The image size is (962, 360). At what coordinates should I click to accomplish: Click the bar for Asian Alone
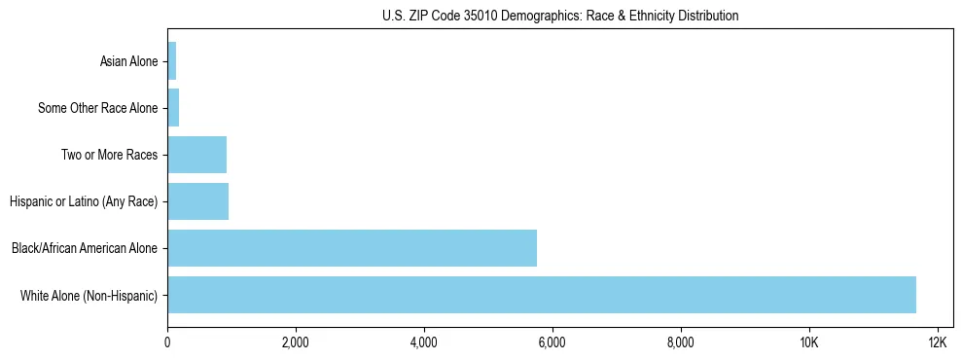[x=172, y=61]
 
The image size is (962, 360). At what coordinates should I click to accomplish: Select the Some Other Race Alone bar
[x=173, y=108]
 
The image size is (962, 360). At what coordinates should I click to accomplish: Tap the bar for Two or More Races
[x=197, y=155]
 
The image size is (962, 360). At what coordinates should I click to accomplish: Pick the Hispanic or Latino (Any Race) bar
[x=198, y=201]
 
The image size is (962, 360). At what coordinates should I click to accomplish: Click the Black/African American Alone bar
[x=352, y=248]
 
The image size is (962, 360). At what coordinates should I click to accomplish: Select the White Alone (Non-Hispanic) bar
[x=542, y=295]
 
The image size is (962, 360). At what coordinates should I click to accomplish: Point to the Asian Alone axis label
[x=128, y=61]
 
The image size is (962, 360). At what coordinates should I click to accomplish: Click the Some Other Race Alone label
[x=97, y=108]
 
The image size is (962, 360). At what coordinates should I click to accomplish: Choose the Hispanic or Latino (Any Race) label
[x=84, y=201]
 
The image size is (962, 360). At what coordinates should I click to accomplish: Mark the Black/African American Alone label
[x=85, y=248]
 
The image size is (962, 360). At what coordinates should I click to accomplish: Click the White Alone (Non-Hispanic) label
[x=89, y=295]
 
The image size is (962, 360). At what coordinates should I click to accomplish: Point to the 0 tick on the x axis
[x=167, y=342]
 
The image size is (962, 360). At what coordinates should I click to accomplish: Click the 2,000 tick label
[x=296, y=342]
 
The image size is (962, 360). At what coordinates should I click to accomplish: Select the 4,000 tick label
[x=424, y=342]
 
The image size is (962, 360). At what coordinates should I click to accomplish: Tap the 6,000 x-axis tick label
[x=552, y=342]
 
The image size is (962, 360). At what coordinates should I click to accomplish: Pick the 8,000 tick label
[x=681, y=342]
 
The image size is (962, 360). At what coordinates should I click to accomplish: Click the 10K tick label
[x=809, y=342]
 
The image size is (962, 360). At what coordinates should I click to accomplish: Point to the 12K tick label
[x=938, y=342]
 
